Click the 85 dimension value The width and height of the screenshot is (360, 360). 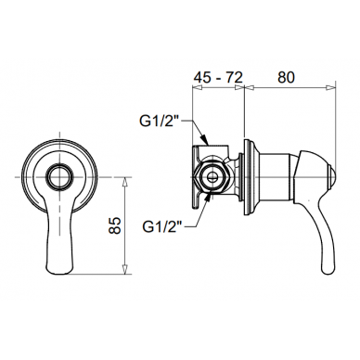pyautogui.click(x=115, y=225)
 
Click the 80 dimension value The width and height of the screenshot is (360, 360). pyautogui.click(x=286, y=77)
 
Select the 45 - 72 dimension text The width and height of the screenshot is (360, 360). pyautogui.click(x=218, y=77)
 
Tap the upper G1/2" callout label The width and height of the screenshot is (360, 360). pyautogui.click(x=160, y=122)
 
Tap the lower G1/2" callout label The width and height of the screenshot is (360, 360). pyautogui.click(x=162, y=227)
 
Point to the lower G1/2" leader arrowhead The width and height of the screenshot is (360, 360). pyautogui.click(x=208, y=198)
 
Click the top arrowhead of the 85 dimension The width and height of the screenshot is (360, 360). pyautogui.click(x=124, y=182)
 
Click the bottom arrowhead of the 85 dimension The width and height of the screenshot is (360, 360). pyautogui.click(x=124, y=269)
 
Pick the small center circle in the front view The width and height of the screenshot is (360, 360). pyautogui.click(x=60, y=177)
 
